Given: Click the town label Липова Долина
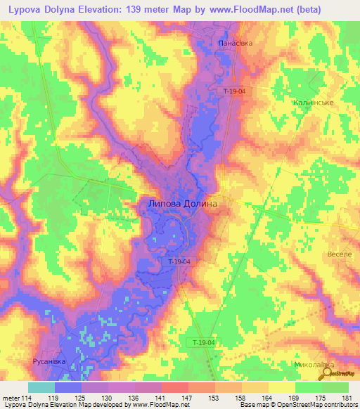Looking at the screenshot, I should [182, 204].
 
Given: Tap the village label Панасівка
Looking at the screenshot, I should [235, 43].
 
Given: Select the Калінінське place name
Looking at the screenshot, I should [312, 102].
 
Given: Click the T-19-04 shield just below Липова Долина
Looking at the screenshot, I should [183, 261].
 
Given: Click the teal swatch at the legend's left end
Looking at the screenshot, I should [41, 387].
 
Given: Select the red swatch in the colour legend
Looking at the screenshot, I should [175, 387].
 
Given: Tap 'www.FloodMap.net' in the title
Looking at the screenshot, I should [232, 10].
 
